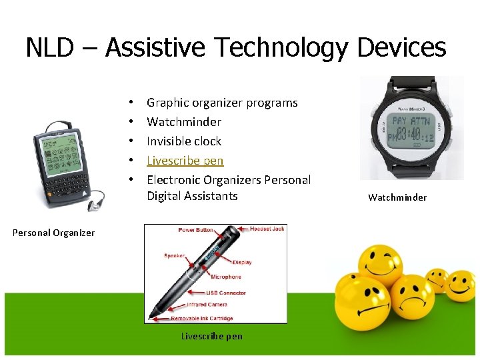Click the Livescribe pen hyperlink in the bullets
click(185, 161)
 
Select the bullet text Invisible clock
click(183, 141)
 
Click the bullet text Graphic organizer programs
click(222, 103)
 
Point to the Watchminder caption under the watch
click(397, 197)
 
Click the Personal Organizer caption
click(53, 233)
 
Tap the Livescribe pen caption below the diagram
click(212, 336)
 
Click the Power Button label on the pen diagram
click(195, 231)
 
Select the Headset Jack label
click(267, 229)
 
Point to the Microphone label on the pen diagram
click(226, 277)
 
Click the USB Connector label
click(226, 293)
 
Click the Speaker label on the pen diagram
click(175, 255)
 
